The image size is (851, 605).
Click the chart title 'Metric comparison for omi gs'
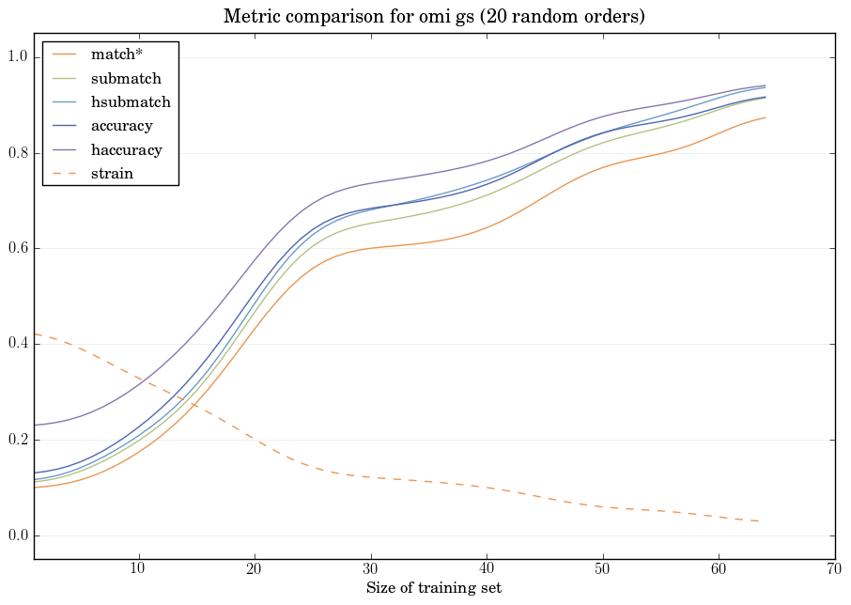pos(434,17)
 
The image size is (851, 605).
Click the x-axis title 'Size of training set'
pos(433,588)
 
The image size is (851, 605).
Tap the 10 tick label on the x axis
pos(138,568)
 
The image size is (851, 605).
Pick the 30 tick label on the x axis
pos(370,568)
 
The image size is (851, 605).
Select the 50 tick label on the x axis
pos(602,568)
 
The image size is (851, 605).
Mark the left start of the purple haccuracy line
pos(35,426)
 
